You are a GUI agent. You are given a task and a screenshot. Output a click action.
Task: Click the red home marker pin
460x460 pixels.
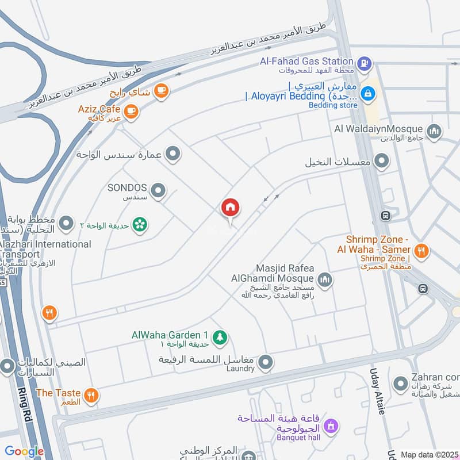[x=231, y=208]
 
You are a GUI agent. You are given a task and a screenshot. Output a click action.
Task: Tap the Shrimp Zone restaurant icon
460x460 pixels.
[x=421, y=250]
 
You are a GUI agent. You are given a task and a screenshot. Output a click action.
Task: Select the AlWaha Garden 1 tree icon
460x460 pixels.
[x=219, y=337]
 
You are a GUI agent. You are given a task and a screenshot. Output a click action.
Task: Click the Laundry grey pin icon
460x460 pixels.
[x=266, y=362]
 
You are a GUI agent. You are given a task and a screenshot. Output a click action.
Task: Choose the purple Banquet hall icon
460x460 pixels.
[x=330, y=426]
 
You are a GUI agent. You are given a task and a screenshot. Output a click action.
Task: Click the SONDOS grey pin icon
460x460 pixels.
[x=158, y=189]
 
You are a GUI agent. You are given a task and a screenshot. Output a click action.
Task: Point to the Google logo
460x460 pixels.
[x=24, y=451]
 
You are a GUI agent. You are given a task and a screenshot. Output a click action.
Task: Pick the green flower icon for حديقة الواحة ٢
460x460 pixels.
[x=139, y=224]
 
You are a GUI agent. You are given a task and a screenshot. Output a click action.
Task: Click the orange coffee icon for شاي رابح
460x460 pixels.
[x=161, y=90]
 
